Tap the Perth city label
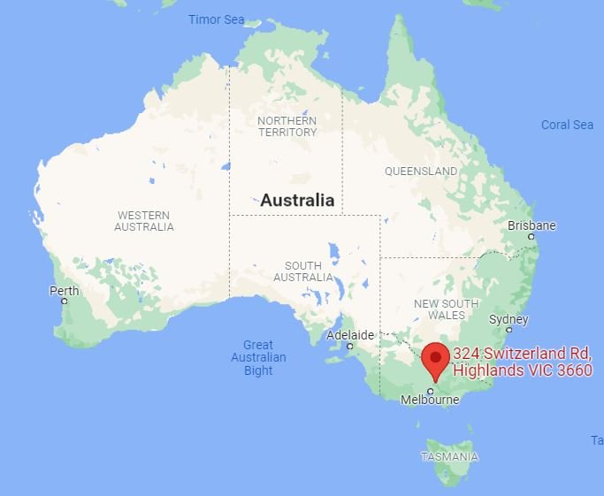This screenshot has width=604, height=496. [x=64, y=290]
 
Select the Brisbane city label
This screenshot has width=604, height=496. [x=531, y=225]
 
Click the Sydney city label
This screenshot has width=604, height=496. [x=508, y=319]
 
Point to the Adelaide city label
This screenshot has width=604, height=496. [x=350, y=335]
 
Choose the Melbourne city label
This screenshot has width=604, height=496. [x=430, y=400]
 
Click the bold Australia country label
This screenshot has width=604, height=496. [x=297, y=200]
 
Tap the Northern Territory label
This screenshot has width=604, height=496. [x=287, y=126]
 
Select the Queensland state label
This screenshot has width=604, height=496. [x=421, y=171]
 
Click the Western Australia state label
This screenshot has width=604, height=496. [x=144, y=220]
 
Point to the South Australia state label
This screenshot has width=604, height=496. [x=303, y=271]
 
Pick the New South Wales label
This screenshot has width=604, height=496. [x=447, y=309]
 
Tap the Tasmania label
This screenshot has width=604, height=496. [x=449, y=457]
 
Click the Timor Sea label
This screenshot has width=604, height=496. [x=216, y=19]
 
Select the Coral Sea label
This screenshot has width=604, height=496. [x=567, y=125]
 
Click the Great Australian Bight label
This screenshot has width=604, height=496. [x=258, y=357]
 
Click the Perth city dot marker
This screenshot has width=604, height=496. [x=65, y=301]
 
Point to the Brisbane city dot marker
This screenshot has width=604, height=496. [x=531, y=236]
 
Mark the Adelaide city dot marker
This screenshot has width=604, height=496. [x=350, y=346]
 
